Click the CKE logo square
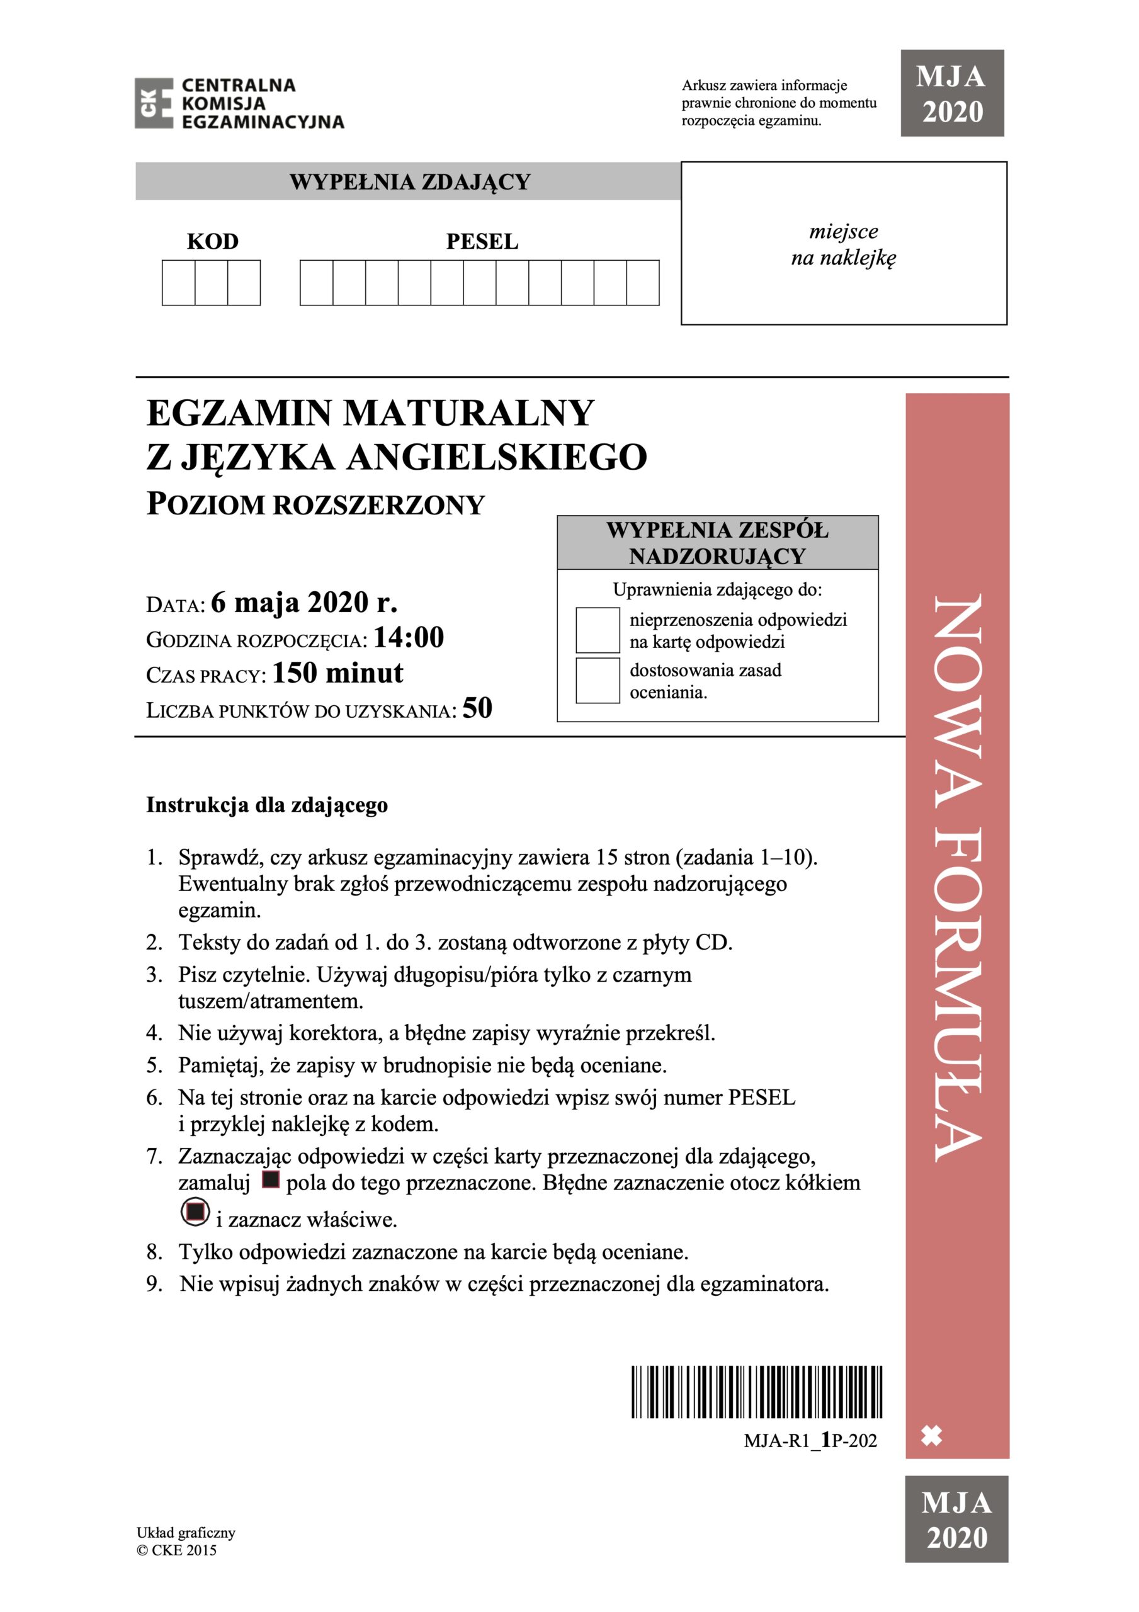pos(154,103)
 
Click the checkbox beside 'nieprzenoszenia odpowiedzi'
pos(597,630)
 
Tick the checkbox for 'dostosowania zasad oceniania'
pos(597,679)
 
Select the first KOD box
pos(178,283)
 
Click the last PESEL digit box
pos(642,283)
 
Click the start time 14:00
pos(409,637)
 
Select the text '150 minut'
pos(337,673)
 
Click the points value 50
pos(477,708)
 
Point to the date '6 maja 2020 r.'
pos(304,603)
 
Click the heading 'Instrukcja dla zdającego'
pos(267,805)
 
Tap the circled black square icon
pos(195,1211)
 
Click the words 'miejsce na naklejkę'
pos(843,244)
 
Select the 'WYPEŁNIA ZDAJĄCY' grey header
pos(409,182)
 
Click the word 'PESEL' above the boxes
pos(482,242)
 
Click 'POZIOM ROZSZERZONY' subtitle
pos(315,505)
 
